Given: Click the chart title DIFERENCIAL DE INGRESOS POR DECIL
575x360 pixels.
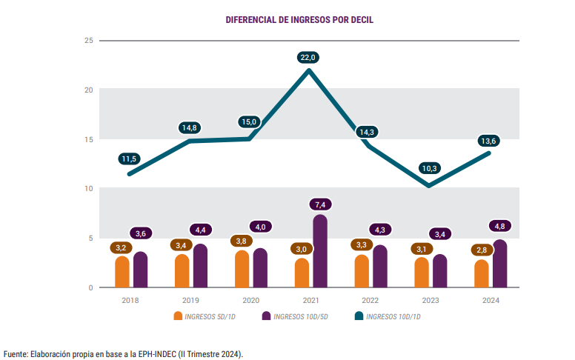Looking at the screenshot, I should [x=299, y=19].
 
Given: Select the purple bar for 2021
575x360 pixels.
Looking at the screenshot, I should [x=319, y=251].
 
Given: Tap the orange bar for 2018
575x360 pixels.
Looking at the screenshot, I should [x=122, y=272].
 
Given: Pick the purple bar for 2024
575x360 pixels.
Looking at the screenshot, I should [x=499, y=264].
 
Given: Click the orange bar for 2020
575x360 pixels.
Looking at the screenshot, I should [x=242, y=269].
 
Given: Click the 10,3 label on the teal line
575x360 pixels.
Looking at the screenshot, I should [x=428, y=168].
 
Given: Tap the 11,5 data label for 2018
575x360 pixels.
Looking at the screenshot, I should [x=129, y=159].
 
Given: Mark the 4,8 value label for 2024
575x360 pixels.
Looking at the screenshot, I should [x=499, y=226].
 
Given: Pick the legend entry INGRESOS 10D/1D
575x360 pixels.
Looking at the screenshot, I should [x=393, y=316].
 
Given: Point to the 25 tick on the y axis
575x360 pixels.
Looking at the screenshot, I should [x=88, y=40].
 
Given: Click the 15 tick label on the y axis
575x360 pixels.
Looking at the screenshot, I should [x=88, y=139].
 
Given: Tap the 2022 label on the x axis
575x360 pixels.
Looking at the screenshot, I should [x=370, y=300].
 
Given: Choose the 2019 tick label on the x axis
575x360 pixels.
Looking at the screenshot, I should [x=190, y=300].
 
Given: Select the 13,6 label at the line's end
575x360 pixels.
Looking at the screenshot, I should [x=489, y=141].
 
